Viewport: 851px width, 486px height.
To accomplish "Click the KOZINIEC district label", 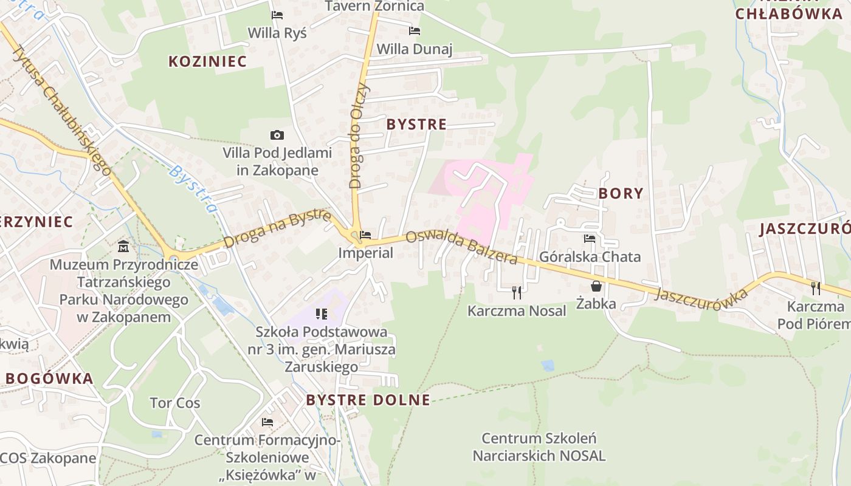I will click(x=208, y=61).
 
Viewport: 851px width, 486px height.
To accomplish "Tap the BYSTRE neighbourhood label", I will click(x=417, y=125).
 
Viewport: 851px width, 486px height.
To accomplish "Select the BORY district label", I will click(x=621, y=193).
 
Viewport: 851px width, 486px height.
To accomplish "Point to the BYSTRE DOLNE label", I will click(x=368, y=400).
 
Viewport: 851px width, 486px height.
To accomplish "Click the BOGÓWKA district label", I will click(x=50, y=378).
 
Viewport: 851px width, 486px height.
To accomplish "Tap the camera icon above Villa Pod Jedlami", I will click(x=277, y=135).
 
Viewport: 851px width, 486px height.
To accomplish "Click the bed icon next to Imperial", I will click(x=365, y=235).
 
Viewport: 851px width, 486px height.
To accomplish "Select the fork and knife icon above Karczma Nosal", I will click(x=517, y=292).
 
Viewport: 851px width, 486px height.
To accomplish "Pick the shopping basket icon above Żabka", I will click(x=596, y=286).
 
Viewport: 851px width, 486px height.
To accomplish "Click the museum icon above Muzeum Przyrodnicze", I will click(x=124, y=246).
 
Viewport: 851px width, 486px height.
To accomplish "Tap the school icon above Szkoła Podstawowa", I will click(x=322, y=314).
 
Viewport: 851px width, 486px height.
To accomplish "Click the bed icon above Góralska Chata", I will click(x=590, y=239).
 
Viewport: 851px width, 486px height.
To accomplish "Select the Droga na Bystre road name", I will click(x=277, y=229).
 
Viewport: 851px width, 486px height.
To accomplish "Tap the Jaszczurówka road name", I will click(x=701, y=298).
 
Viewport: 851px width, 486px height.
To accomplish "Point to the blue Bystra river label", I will click(x=193, y=190).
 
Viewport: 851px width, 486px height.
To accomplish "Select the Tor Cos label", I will click(x=175, y=403).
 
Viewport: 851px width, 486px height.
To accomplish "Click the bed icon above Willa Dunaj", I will click(x=415, y=31).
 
